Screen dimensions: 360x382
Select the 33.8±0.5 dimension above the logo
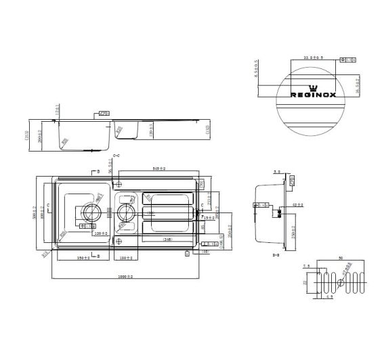(x=312, y=58)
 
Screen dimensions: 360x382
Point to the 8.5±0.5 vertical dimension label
(x=257, y=71)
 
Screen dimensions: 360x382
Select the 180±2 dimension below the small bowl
(x=125, y=258)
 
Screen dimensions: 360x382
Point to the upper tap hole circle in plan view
(x=119, y=183)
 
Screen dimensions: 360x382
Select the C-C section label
(x=115, y=156)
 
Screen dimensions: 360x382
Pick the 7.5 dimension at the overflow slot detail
(x=307, y=267)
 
